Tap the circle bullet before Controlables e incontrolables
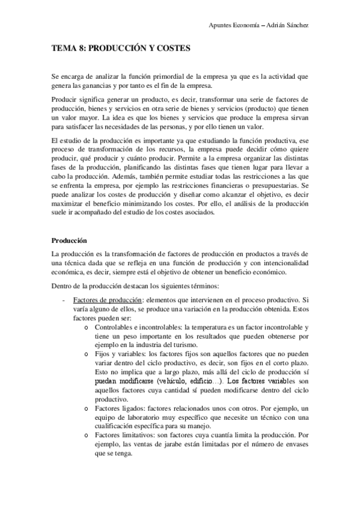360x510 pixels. pos(88,327)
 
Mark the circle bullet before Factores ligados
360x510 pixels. pos(88,408)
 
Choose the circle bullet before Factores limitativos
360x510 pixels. pos(88,435)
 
